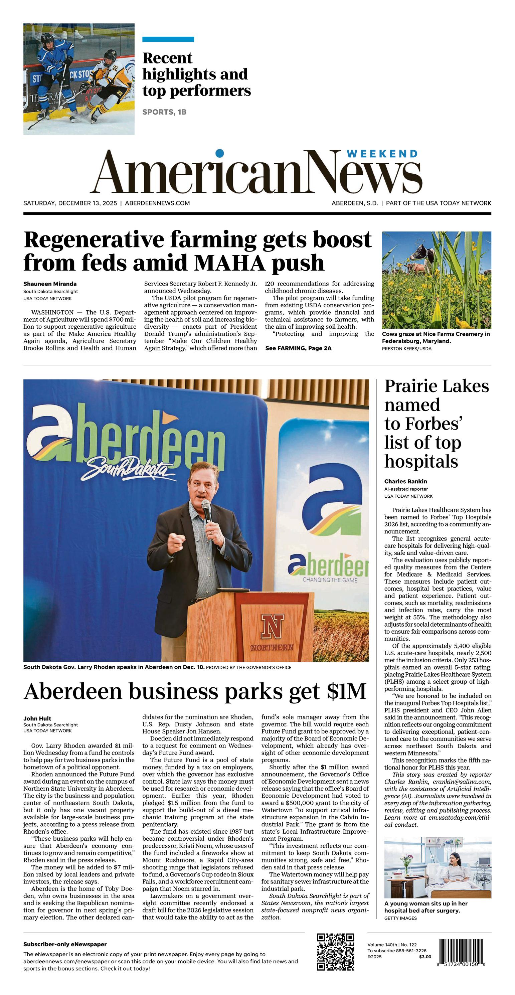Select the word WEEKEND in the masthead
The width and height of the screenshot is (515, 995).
pyautogui.click(x=382, y=154)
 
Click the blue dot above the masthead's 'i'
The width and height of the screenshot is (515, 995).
pyautogui.click(x=219, y=153)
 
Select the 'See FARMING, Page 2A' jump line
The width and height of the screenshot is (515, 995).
pyautogui.click(x=298, y=348)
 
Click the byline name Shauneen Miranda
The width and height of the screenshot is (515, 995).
pyautogui.click(x=50, y=284)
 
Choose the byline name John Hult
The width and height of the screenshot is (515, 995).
pyautogui.click(x=37, y=718)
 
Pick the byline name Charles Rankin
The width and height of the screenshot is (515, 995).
pyautogui.click(x=405, y=481)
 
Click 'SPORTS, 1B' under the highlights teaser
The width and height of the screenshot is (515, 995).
pyautogui.click(x=164, y=112)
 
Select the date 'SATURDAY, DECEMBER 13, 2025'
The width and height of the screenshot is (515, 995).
pyautogui.click(x=70, y=203)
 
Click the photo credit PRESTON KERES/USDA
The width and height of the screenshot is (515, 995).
pyautogui.click(x=406, y=348)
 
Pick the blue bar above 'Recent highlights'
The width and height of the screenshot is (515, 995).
pyautogui.click(x=168, y=39)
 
